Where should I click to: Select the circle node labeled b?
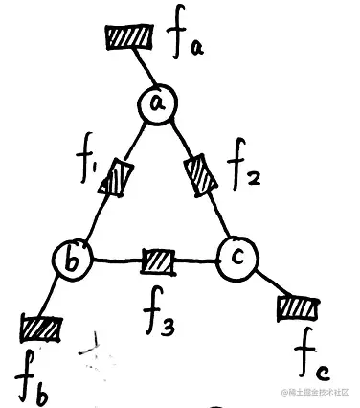[73, 257]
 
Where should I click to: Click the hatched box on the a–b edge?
[118, 177]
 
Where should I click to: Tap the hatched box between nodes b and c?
[158, 259]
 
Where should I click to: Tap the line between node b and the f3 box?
[115, 259]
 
